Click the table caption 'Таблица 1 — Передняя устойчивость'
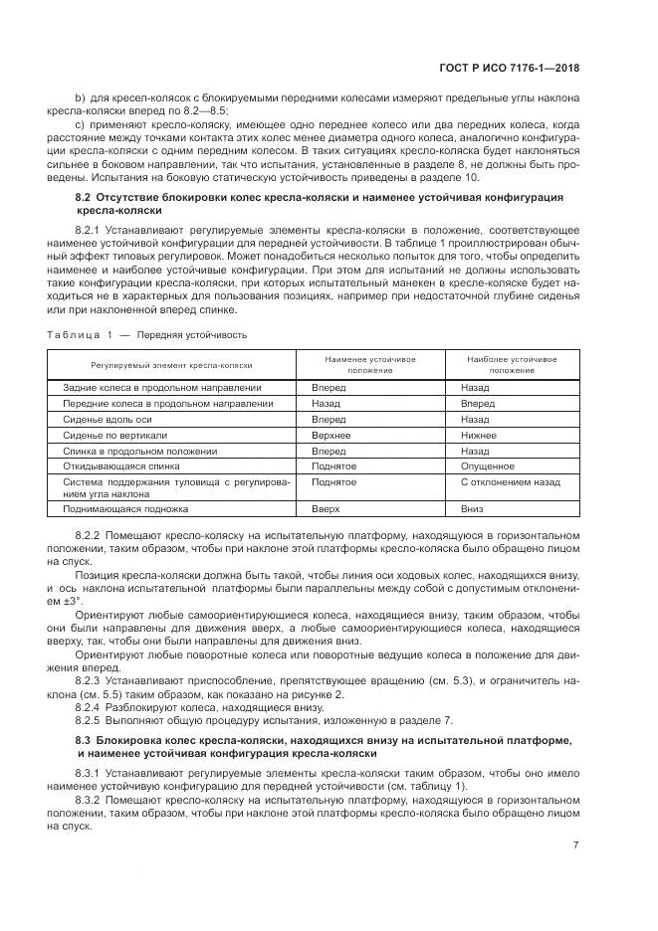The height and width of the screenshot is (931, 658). point(154,334)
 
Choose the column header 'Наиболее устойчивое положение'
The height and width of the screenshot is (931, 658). point(514,364)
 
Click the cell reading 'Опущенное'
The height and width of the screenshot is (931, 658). point(487,465)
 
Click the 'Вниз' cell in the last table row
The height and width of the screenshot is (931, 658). point(473,508)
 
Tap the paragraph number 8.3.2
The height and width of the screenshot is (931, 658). point(90,798)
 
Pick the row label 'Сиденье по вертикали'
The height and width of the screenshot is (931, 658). point(114,435)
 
